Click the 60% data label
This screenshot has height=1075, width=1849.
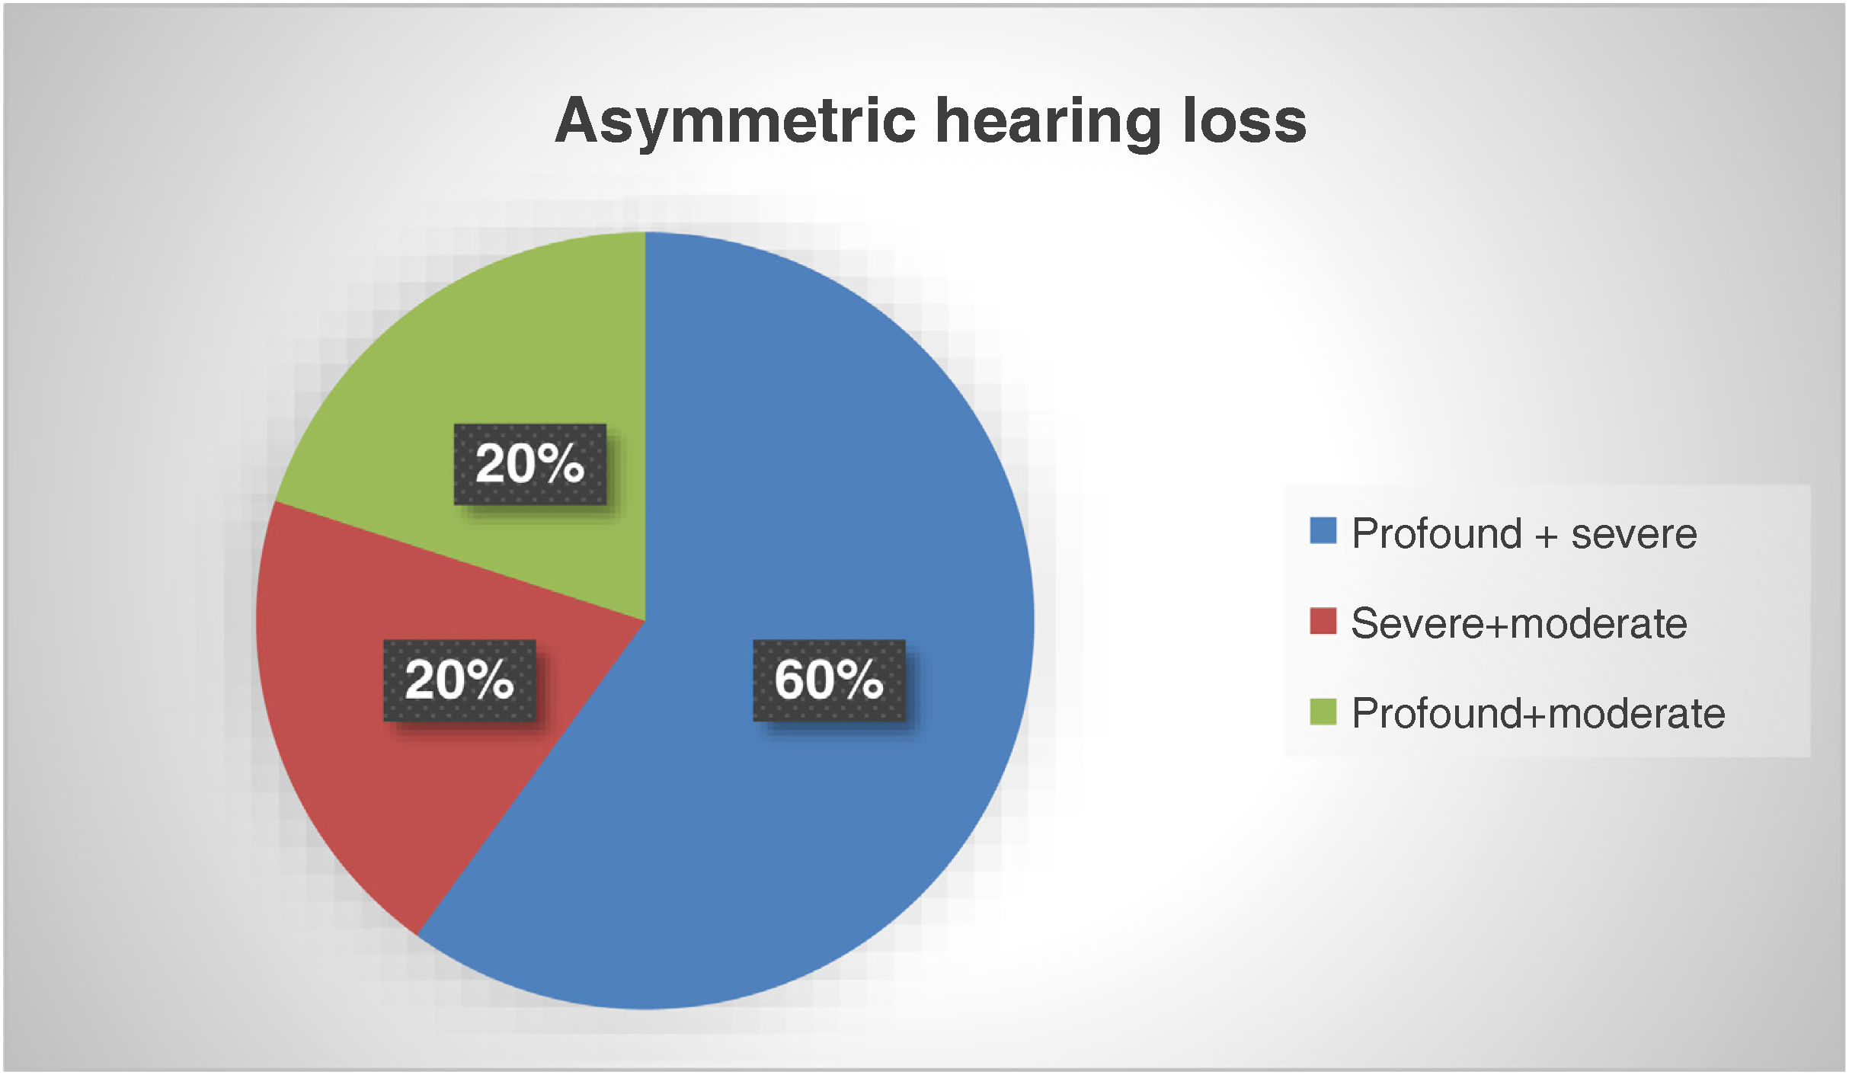pos(829,680)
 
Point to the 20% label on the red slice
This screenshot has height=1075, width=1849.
pos(459,680)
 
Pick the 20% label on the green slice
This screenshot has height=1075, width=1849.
pos(530,464)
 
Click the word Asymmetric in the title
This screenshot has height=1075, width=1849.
pos(735,122)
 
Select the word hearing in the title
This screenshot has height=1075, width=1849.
pos(1048,122)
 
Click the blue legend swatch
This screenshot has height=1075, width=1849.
pos(1323,531)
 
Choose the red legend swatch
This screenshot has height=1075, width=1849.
pos(1323,621)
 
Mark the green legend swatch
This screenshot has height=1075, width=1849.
pos(1323,712)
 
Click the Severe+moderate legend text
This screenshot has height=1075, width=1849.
pos(1519,623)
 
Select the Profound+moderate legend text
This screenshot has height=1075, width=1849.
pos(1538,713)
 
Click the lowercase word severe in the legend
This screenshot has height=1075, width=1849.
pos(1634,536)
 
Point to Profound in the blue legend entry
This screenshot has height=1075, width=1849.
pos(1436,533)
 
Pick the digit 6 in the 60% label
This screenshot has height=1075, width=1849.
pos(789,680)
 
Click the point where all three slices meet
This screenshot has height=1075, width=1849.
pos(646,621)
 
